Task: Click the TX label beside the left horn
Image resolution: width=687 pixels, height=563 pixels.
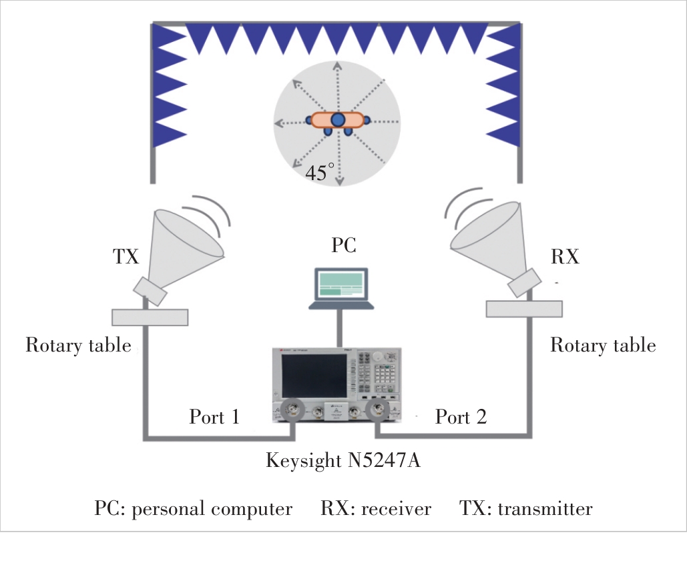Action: pyautogui.click(x=126, y=257)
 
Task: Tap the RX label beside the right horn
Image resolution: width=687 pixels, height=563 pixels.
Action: pyautogui.click(x=565, y=257)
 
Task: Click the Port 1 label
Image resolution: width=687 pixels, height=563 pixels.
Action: pyautogui.click(x=214, y=417)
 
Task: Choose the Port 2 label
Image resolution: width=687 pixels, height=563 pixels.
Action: pyautogui.click(x=461, y=417)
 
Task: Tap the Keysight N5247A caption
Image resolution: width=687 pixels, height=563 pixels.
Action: pyautogui.click(x=343, y=461)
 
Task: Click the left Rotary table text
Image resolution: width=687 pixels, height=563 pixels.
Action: pyautogui.click(x=78, y=346)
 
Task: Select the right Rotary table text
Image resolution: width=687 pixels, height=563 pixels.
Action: pyautogui.click(x=603, y=346)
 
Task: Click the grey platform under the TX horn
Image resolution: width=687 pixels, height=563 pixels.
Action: pyautogui.click(x=150, y=318)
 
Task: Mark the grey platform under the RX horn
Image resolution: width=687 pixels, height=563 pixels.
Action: pyautogui.click(x=524, y=309)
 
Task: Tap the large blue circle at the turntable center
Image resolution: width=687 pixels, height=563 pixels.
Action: pyautogui.click(x=338, y=120)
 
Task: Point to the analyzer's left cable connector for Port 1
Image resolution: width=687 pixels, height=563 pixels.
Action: pyautogui.click(x=292, y=410)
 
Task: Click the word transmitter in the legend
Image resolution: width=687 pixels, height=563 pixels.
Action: pyautogui.click(x=545, y=509)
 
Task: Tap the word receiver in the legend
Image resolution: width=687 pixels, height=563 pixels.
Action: pyautogui.click(x=396, y=509)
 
